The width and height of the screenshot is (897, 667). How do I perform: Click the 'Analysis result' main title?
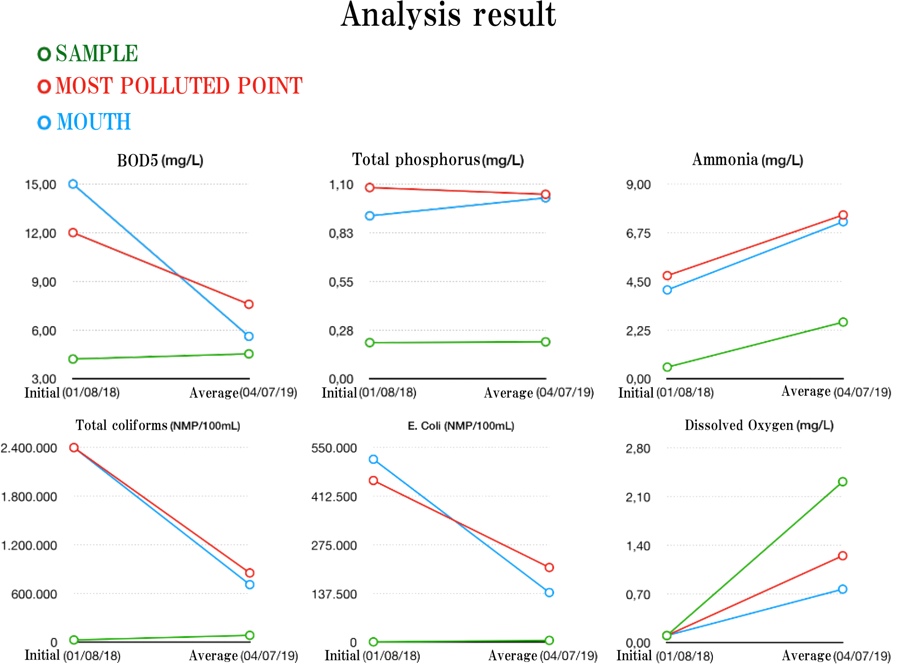coord(448,16)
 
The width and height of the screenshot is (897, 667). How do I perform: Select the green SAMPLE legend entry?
coord(88,54)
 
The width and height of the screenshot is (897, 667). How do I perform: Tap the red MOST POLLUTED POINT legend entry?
coord(170,86)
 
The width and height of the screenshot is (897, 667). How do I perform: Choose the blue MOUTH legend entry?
coord(84,122)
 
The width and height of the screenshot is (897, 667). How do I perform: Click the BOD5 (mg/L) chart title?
coord(160,161)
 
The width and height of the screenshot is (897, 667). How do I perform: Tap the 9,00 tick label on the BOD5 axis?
coord(44,282)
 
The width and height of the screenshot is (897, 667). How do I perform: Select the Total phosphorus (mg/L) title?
coord(438,160)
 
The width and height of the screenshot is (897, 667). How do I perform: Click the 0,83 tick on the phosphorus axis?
coord(341,234)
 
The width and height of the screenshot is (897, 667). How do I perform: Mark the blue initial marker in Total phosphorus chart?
coord(370,216)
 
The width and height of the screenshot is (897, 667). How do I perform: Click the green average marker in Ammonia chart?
coord(843,322)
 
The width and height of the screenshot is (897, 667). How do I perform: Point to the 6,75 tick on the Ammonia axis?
coord(638,234)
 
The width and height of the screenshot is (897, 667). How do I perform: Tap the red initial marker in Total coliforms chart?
coord(74,447)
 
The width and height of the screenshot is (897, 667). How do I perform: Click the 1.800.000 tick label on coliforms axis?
coord(29,497)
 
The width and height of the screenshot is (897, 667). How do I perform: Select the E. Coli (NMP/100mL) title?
coord(461,426)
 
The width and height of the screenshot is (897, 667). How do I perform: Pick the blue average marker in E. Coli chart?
coord(549,593)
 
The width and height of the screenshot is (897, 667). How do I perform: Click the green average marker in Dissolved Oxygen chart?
coord(843,482)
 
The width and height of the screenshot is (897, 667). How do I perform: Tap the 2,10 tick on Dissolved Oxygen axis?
coord(638,498)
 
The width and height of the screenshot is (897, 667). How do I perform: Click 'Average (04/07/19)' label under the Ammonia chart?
coord(836,392)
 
